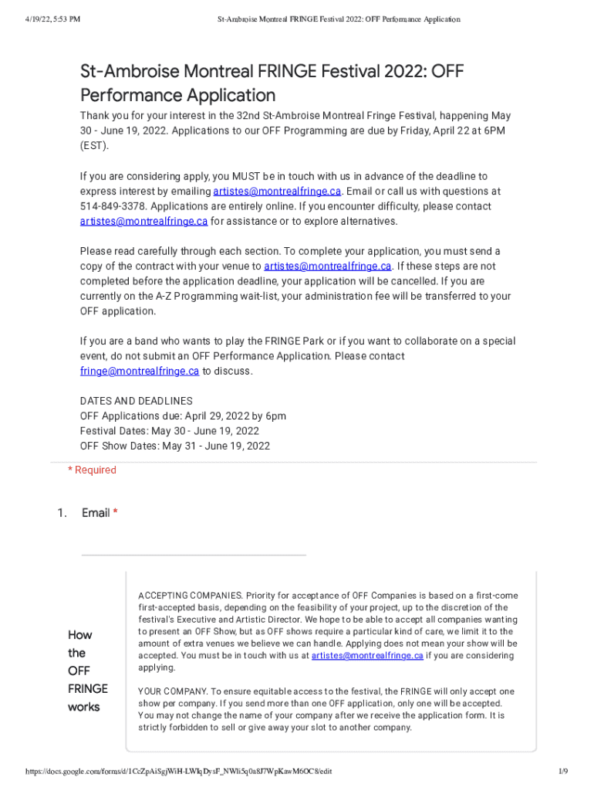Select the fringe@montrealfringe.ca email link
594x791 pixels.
tap(140, 371)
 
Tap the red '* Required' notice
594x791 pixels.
tap(92, 470)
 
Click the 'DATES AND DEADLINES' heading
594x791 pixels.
tap(137, 401)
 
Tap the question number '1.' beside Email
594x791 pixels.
tap(62, 513)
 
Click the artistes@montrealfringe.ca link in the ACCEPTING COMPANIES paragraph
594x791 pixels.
tap(367, 656)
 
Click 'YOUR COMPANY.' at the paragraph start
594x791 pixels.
tap(173, 691)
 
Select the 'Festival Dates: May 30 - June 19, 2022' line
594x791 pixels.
tap(170, 431)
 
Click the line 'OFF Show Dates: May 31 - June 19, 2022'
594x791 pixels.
tap(175, 446)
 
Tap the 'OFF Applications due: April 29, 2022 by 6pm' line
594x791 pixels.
tap(183, 416)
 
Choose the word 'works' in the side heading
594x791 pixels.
tap(83, 707)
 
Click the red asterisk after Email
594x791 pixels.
tap(116, 513)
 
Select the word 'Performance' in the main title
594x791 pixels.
tap(130, 95)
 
